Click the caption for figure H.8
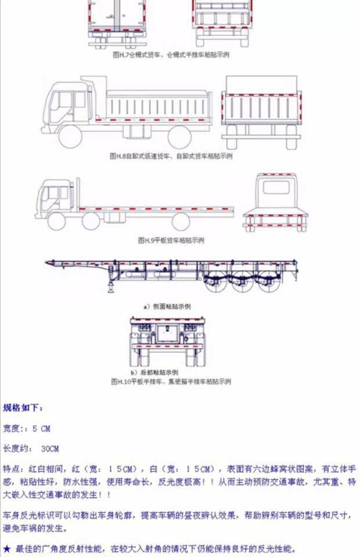[171, 156]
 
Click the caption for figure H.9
[171, 240]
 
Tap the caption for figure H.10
[171, 382]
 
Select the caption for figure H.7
[171, 55]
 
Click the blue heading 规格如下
[23, 408]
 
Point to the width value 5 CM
[41, 429]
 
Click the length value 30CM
[50, 449]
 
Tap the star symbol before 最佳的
[7, 548]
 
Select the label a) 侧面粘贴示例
[167, 306]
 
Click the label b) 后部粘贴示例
[154, 372]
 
